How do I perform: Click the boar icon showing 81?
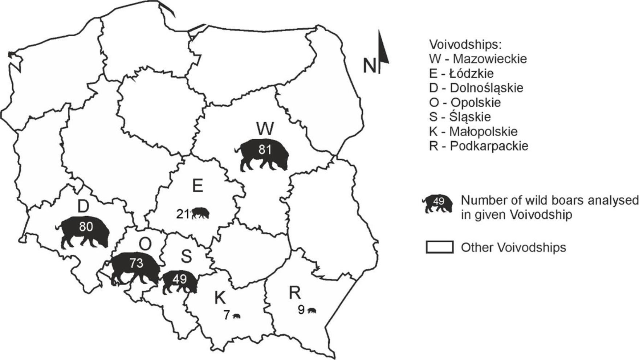coord(263,154)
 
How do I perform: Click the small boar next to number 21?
coord(200,213)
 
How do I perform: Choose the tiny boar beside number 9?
coord(312,311)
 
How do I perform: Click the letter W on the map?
coord(265,129)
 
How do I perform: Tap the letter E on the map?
coord(197,186)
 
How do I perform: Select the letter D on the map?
coord(83,206)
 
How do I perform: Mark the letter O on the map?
coord(145,244)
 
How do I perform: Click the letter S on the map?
coord(186,257)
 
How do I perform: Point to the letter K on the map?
coord(220,298)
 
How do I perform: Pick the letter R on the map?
coord(295,292)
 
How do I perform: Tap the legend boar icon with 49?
coord(438,204)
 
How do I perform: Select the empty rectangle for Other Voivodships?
coord(439,247)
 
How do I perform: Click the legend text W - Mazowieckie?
coord(478,59)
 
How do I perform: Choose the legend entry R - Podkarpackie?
coord(479,146)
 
